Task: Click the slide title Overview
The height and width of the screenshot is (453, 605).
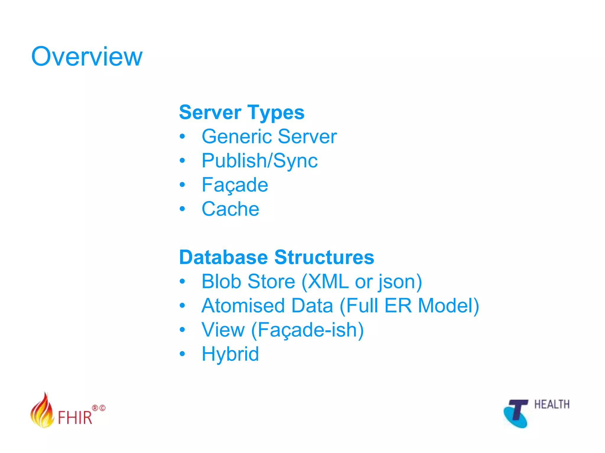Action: [x=87, y=57]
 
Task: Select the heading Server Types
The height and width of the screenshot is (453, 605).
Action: [x=241, y=113]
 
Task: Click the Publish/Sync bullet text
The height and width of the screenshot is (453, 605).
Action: [x=259, y=161]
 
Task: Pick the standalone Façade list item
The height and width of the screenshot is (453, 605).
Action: [x=235, y=185]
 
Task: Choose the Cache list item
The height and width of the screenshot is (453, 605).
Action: [x=230, y=209]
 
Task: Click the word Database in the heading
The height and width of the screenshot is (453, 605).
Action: [x=223, y=257]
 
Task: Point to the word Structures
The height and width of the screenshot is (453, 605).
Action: [x=324, y=257]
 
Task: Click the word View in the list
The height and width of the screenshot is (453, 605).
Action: [x=223, y=330]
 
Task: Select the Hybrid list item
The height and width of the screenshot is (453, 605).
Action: [x=230, y=354]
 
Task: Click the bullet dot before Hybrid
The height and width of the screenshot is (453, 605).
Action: [x=182, y=354]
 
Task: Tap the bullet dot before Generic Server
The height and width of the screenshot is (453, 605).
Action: [x=182, y=137]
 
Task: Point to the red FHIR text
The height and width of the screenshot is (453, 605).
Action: [x=75, y=417]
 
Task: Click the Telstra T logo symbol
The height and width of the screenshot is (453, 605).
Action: [x=516, y=413]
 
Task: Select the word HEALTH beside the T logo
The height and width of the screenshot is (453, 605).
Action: [x=552, y=405]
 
